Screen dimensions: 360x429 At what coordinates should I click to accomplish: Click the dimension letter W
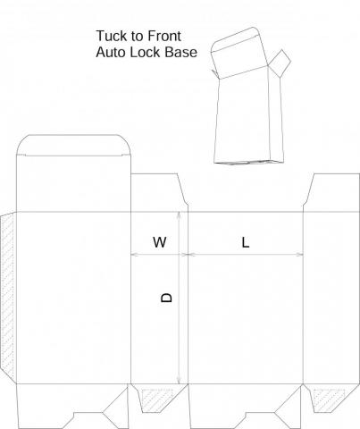pyautogui.click(x=160, y=242)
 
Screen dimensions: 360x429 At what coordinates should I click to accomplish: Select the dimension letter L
pyautogui.click(x=245, y=242)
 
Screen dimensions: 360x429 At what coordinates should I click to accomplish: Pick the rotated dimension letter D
pyautogui.click(x=166, y=298)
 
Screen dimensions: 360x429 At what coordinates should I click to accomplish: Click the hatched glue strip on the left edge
pyautogui.click(x=7, y=295)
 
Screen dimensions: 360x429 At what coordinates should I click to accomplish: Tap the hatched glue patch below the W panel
pyautogui.click(x=156, y=399)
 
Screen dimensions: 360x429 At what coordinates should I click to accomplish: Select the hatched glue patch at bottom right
pyautogui.click(x=328, y=400)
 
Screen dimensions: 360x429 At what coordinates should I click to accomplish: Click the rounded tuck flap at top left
pyautogui.click(x=73, y=145)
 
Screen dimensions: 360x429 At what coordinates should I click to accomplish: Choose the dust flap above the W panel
pyautogui.click(x=159, y=193)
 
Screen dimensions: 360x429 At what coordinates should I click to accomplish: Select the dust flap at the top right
pyautogui.click(x=331, y=193)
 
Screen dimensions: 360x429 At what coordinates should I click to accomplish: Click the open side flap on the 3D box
pyautogui.click(x=279, y=63)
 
